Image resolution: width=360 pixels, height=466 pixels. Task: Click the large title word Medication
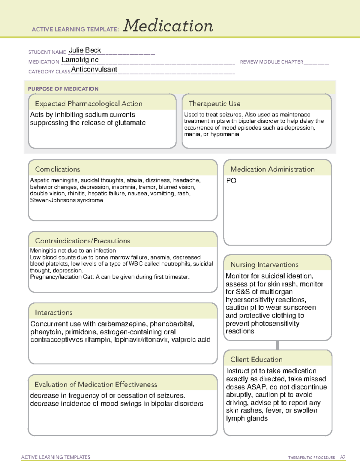[x=168, y=26]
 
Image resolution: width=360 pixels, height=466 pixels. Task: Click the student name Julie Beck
[x=85, y=50]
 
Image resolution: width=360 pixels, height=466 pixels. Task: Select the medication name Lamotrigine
[x=80, y=60]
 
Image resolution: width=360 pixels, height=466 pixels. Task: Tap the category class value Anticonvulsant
[x=94, y=69]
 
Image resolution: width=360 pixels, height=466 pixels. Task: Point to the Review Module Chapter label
[x=271, y=62]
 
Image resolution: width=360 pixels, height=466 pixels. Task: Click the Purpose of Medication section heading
[x=63, y=89]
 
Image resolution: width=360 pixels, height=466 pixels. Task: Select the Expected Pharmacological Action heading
[x=88, y=104]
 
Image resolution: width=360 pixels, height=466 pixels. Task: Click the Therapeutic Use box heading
[x=214, y=104]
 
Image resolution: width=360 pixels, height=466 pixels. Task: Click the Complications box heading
[x=57, y=169]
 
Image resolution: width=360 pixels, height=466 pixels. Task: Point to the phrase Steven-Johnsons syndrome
[x=66, y=200]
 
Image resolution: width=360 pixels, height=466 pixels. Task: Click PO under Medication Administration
[x=231, y=181]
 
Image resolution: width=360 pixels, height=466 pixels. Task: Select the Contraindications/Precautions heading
[x=82, y=241]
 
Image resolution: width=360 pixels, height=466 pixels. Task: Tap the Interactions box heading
[x=53, y=312]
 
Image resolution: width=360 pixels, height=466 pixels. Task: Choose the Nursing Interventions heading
[x=264, y=264]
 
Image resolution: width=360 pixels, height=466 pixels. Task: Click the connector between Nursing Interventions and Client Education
[x=277, y=345]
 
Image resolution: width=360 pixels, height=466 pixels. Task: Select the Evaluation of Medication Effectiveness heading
[x=96, y=384]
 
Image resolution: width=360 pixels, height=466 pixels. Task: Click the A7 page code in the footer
[x=342, y=457]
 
